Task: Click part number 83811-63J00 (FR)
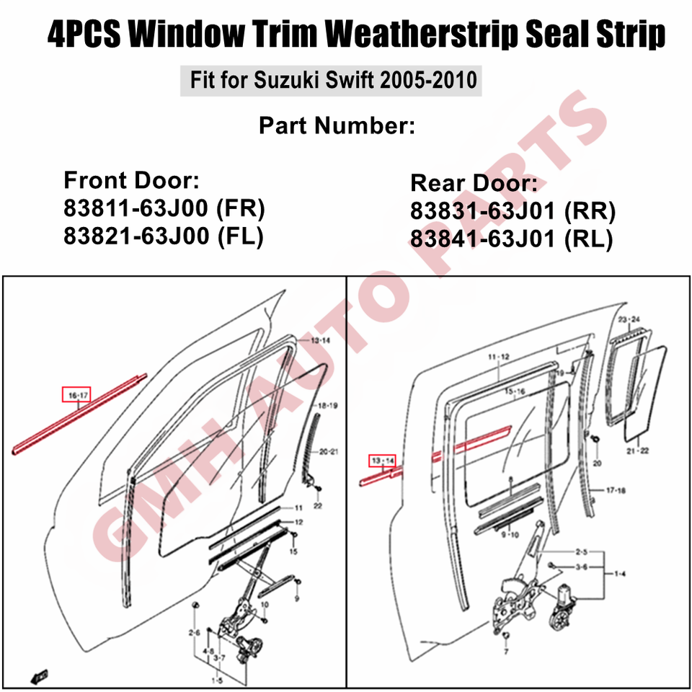tap(164, 208)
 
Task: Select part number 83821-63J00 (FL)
tap(164, 236)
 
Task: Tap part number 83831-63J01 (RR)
tap(513, 211)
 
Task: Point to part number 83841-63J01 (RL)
tap(512, 239)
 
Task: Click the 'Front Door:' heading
tap(131, 180)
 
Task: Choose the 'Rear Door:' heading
tap(474, 182)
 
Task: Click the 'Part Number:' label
tap(337, 125)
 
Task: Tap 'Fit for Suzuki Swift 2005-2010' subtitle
tap(333, 80)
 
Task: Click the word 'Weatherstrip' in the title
tap(422, 34)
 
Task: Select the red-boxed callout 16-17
tap(77, 394)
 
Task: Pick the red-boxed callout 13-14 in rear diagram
tap(382, 461)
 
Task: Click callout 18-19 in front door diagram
tap(327, 406)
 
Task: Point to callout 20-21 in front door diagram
tap(329, 451)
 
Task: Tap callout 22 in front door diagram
tap(318, 506)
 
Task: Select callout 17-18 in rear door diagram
tap(616, 490)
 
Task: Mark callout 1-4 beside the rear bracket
tap(620, 574)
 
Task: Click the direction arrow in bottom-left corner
tap(39, 675)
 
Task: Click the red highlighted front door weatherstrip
tap(79, 414)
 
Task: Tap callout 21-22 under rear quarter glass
tap(638, 451)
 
